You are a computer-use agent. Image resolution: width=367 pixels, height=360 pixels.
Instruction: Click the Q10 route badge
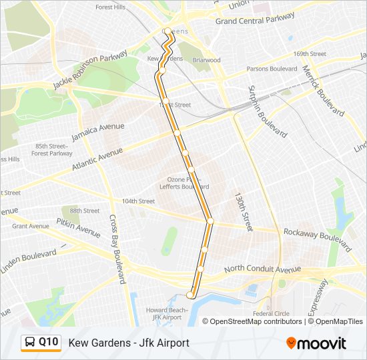[x=41, y=343]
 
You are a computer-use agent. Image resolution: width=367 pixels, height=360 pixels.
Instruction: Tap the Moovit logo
[x=316, y=343]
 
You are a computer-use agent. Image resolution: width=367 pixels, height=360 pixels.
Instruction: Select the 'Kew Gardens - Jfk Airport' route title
[x=129, y=343]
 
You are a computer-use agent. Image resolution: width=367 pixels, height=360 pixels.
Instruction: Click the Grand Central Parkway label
[x=255, y=21]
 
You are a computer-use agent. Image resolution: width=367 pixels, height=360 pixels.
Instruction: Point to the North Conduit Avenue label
[x=262, y=269]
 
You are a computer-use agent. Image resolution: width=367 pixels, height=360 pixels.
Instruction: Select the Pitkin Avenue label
[x=78, y=227]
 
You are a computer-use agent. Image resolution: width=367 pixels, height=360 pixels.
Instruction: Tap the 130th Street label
[x=243, y=212]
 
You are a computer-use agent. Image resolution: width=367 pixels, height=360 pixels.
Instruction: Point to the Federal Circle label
[x=271, y=313]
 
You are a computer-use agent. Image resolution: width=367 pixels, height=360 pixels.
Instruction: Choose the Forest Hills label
[x=110, y=7]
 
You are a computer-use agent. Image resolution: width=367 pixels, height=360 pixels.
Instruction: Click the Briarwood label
[x=207, y=60]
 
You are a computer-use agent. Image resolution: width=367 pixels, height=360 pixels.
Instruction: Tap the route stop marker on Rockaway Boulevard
[x=210, y=221]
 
